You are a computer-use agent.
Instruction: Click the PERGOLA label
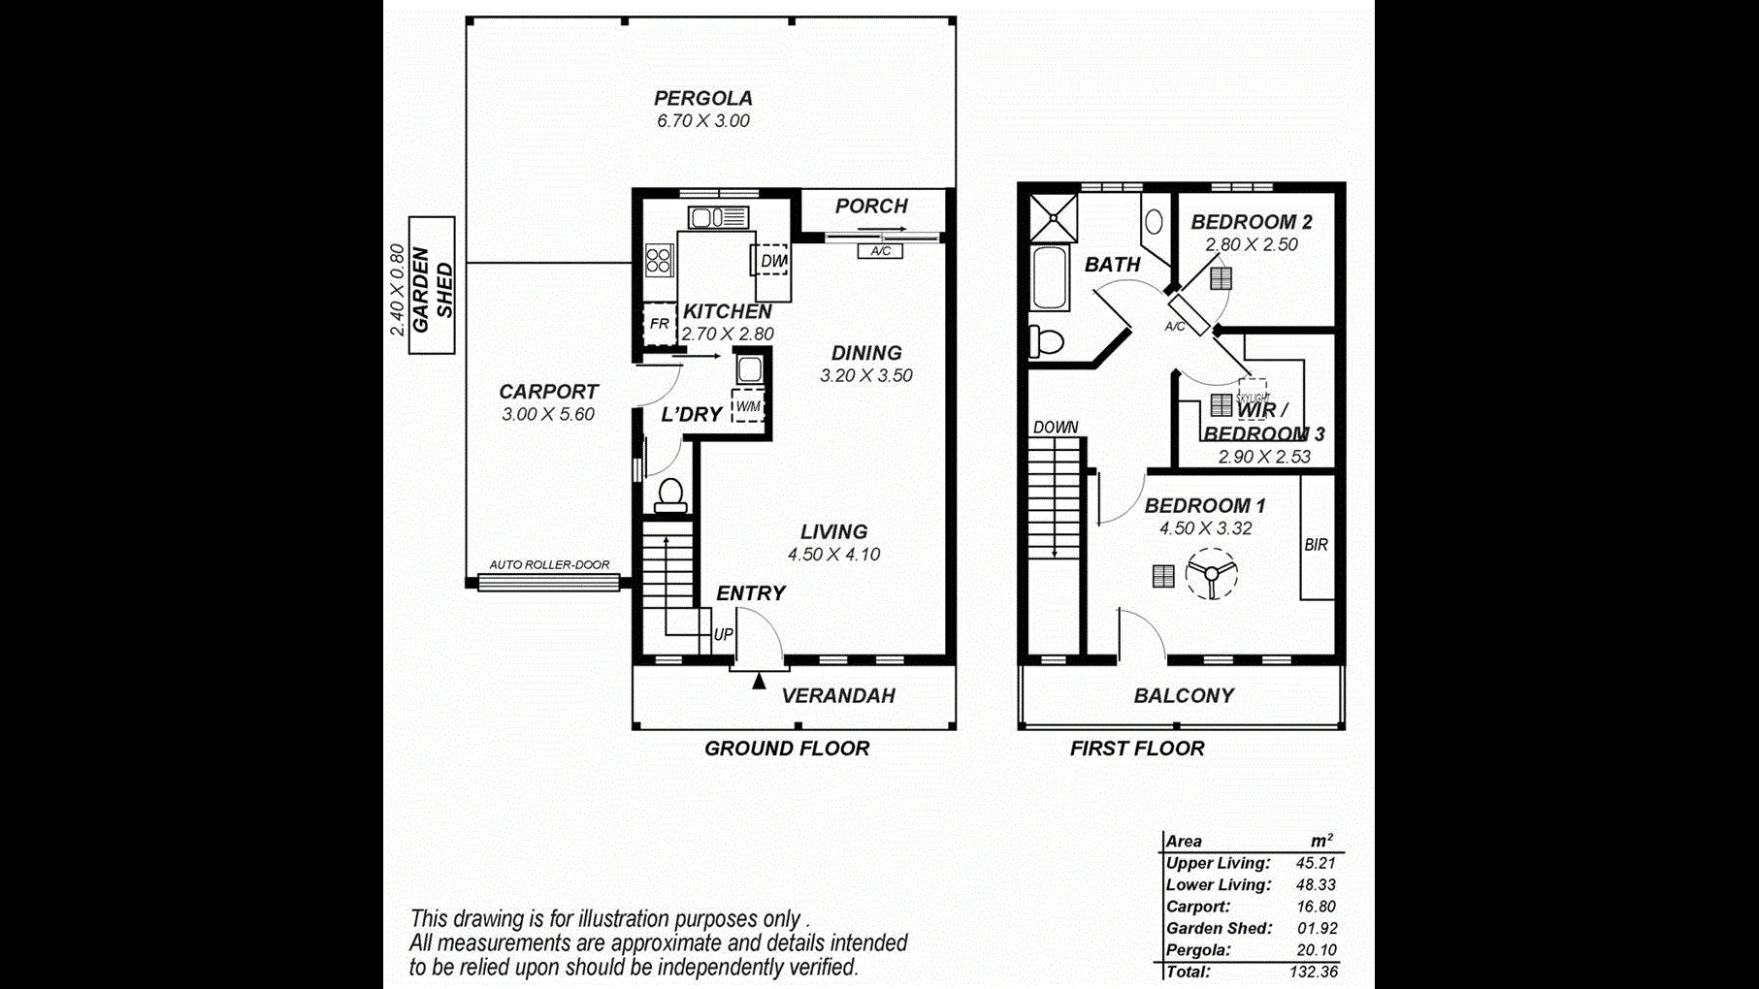pos(702,98)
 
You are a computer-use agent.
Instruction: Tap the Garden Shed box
pos(433,286)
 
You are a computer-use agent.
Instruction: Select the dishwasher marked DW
pos(772,260)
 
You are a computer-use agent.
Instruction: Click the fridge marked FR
pos(660,324)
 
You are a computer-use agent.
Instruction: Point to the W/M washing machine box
pos(747,406)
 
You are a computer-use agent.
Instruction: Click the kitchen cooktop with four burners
pos(659,261)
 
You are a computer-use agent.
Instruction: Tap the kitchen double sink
pos(718,217)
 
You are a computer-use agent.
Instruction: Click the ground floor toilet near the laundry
pos(669,495)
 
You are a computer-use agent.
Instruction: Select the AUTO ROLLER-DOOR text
pos(549,564)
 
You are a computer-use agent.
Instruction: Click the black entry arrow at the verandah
pos(759,681)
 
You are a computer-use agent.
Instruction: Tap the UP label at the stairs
pos(723,635)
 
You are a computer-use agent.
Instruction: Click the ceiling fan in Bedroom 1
pos(1211,573)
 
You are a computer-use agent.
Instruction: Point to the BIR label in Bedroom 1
pos(1316,545)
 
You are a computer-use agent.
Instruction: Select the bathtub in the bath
pos(1050,278)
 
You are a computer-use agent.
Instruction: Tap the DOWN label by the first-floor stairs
pos(1056,427)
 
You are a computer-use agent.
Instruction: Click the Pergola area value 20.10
pos(1316,950)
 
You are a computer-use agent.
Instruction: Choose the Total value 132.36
pos(1314,972)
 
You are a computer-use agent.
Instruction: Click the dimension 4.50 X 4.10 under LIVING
pos(833,555)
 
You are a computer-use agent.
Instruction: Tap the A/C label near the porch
pos(880,251)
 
